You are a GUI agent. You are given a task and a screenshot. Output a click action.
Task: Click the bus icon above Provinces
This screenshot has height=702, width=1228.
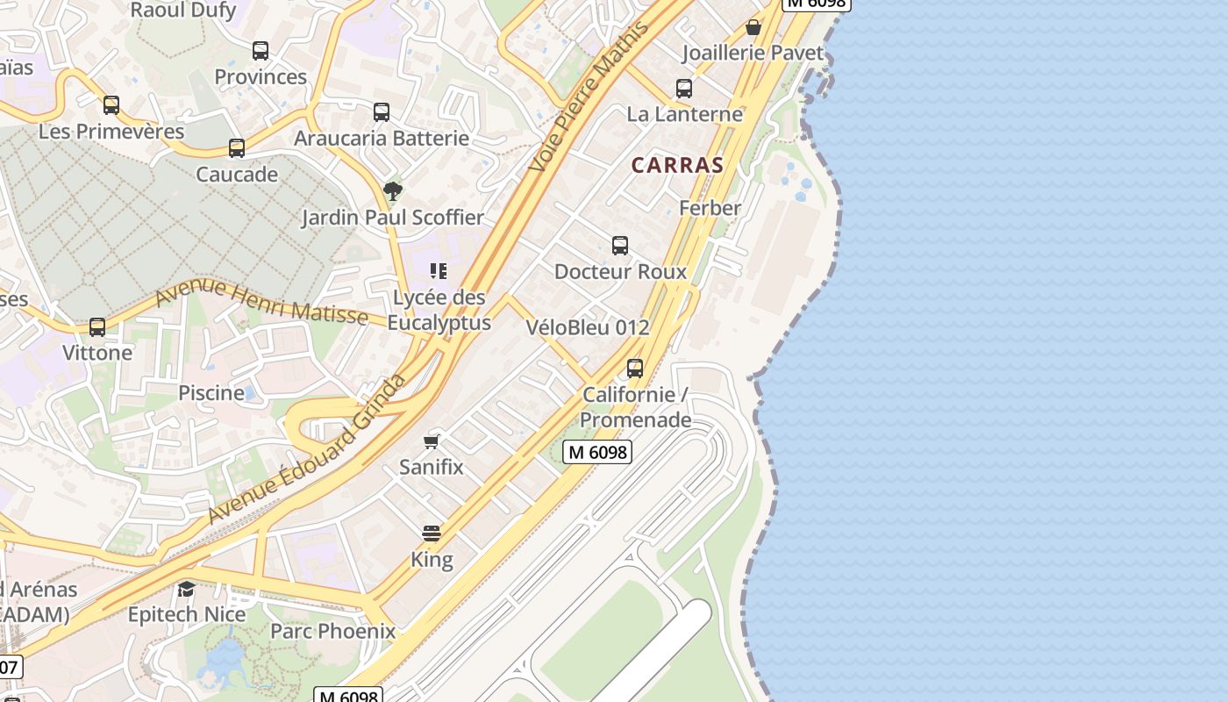coord(261,51)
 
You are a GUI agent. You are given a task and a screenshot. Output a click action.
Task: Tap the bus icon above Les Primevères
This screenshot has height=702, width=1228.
coord(111,105)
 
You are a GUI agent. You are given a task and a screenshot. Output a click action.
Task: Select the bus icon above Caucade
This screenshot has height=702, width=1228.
coord(237,148)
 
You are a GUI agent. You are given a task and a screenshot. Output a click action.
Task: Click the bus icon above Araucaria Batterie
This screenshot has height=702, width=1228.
coord(382,112)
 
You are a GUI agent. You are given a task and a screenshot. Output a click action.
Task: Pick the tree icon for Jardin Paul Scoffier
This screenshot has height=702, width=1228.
coord(393,190)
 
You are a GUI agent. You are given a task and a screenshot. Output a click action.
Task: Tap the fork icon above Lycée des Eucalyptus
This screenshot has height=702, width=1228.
coord(439,271)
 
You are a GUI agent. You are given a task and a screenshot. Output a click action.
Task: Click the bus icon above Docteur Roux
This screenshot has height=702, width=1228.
coord(620,246)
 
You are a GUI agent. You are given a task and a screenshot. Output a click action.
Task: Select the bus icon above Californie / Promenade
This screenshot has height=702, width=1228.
coord(635,369)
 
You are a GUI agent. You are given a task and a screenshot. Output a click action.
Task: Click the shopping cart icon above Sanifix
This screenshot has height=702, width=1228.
coord(432,441)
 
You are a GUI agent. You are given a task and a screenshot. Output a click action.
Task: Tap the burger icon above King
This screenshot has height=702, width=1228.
coord(432,534)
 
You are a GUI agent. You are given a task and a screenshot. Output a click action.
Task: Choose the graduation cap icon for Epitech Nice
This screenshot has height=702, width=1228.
coord(187,588)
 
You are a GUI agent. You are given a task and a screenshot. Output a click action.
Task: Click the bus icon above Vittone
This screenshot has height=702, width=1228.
coord(97,327)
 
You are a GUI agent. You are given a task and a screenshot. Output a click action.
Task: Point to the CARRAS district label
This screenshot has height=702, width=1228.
coord(677,165)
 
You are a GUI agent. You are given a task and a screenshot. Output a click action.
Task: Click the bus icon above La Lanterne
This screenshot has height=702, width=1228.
coord(684,89)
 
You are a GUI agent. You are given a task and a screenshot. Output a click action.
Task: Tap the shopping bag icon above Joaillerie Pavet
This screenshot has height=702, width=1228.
coord(753,28)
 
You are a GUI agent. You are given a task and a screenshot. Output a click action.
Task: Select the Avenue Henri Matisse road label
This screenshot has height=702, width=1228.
coord(261,301)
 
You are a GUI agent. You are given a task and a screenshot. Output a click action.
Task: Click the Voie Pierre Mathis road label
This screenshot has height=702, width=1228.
coord(590,96)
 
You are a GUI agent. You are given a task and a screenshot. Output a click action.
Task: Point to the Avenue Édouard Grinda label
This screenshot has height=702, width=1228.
coord(307,448)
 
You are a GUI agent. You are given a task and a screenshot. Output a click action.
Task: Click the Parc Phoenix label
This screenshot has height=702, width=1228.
coord(332,631)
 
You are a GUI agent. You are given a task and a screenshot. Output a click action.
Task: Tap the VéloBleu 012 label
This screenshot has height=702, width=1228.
coord(588,327)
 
